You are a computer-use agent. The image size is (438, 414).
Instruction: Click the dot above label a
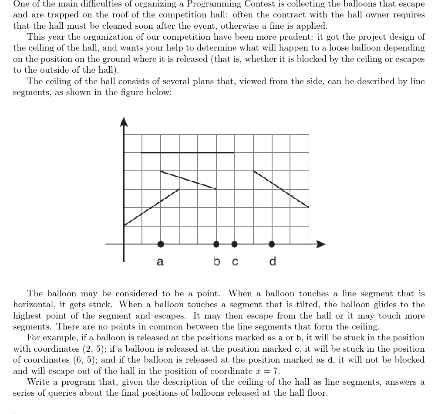coord(161,244)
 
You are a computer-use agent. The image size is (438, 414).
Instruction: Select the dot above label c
coord(235,244)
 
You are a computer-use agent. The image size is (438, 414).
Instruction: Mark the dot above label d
coord(272,244)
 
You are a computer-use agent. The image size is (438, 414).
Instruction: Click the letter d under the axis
coord(272,261)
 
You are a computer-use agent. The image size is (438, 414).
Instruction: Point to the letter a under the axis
coord(160,262)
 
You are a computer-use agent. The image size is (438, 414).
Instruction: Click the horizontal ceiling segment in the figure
coord(187,153)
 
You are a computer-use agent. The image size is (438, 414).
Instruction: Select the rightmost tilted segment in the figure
coord(281,189)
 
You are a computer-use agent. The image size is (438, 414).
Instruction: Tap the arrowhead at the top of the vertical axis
coord(124,122)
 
